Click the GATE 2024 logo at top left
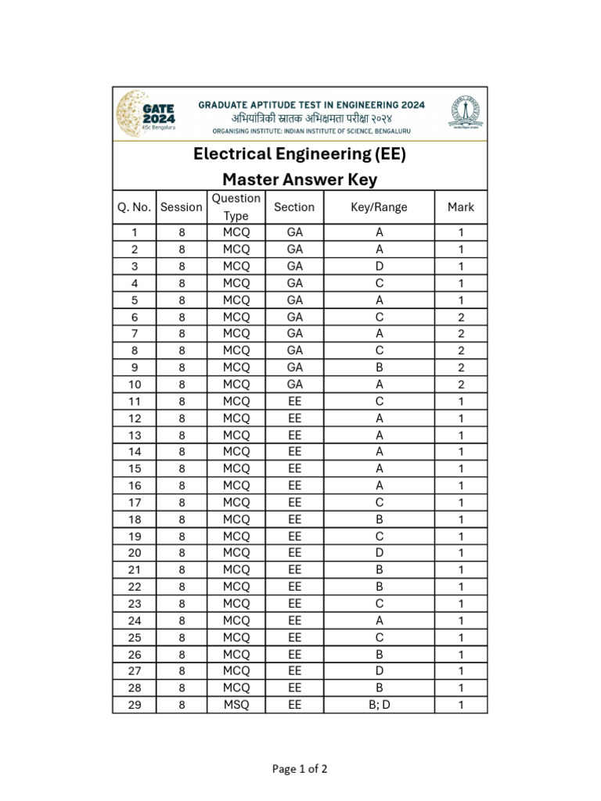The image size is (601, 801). click(x=146, y=114)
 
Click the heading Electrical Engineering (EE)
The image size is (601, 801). click(x=300, y=154)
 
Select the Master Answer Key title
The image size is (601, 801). click(x=300, y=180)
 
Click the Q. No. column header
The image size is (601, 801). click(x=134, y=207)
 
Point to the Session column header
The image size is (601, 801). click(x=181, y=207)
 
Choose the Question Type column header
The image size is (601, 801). click(x=236, y=207)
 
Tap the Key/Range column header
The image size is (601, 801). click(x=380, y=207)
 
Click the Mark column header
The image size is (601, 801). click(x=461, y=207)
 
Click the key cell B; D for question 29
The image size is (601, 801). click(x=380, y=705)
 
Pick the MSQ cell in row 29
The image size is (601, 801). click(x=236, y=705)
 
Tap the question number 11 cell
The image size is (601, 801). click(x=134, y=401)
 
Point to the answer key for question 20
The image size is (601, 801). click(x=380, y=553)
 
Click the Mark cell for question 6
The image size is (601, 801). click(x=461, y=317)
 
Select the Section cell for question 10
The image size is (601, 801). click(x=294, y=384)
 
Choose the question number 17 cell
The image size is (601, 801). click(x=134, y=502)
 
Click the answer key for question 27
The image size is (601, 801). click(x=380, y=671)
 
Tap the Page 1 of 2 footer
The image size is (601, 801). click(x=300, y=769)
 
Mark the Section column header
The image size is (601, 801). click(x=294, y=207)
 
